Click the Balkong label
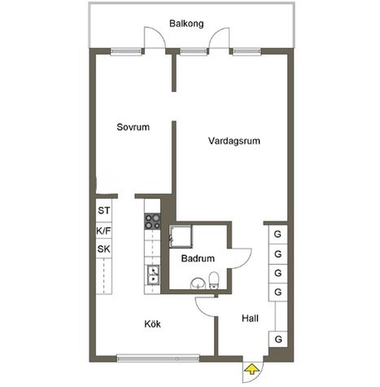tap(186, 24)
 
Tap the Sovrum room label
tap(133, 127)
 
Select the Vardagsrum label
tap(234, 141)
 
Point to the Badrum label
tap(198, 258)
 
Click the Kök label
tap(153, 324)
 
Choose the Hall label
tap(250, 318)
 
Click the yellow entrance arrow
tap(252, 369)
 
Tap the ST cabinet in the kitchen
tap(104, 211)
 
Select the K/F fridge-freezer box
tap(104, 231)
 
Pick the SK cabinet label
tap(104, 249)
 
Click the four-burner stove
tap(153, 221)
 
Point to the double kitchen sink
tap(153, 275)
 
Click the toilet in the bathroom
tap(214, 281)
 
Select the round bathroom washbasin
tap(198, 284)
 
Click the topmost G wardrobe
tap(278, 234)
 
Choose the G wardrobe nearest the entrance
tap(278, 339)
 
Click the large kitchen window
tap(158, 358)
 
